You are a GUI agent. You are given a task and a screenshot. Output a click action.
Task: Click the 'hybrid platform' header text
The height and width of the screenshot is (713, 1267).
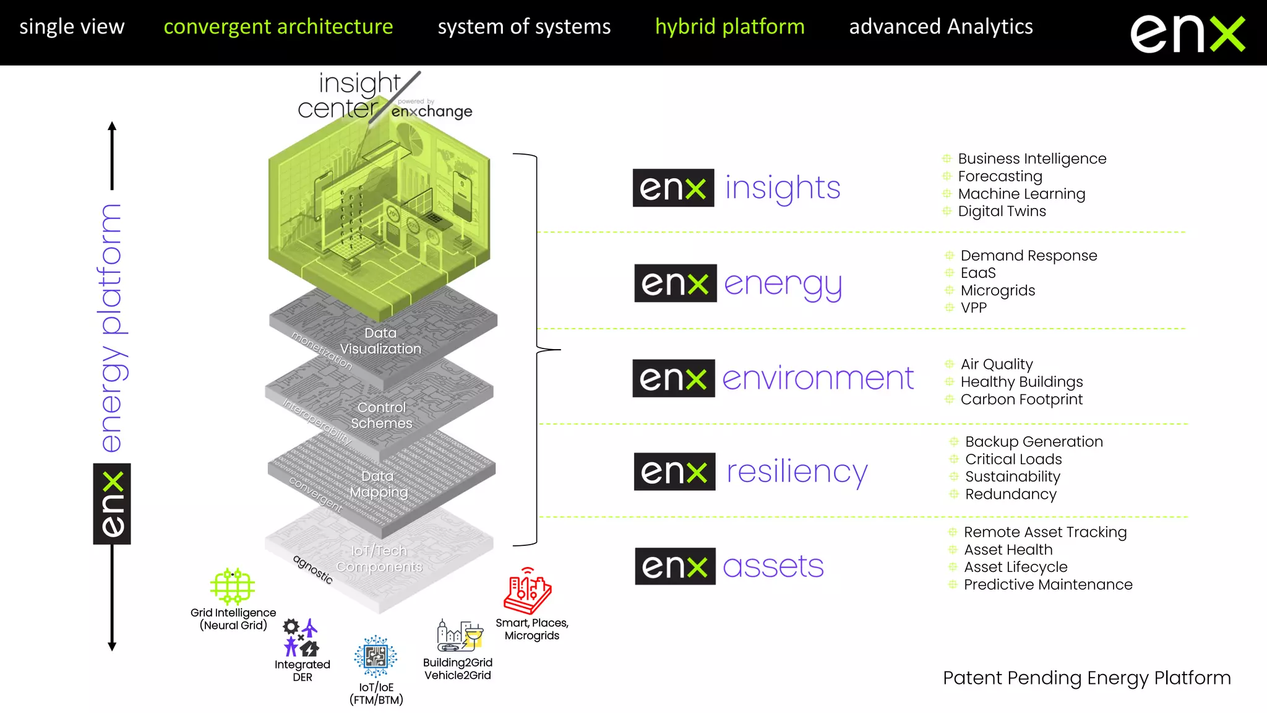tap(729, 27)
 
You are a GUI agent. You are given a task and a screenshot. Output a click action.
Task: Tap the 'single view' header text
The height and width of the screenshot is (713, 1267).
tap(72, 27)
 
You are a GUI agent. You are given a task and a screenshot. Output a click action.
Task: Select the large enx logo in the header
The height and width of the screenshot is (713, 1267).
tap(1187, 34)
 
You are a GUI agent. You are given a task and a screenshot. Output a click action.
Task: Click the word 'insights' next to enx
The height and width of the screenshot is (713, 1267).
tap(783, 188)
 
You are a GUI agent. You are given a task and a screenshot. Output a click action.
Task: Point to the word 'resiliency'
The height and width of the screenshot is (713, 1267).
tap(797, 472)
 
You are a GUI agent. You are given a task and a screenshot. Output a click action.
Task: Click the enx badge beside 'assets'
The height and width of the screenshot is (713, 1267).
tap(675, 566)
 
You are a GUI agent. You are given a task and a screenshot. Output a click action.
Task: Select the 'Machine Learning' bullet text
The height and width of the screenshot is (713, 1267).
tap(1021, 194)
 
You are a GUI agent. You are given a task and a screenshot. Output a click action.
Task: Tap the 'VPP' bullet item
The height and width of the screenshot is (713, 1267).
tap(973, 308)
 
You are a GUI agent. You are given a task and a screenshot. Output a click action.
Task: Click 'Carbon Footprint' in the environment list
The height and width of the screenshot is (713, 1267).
tap(1021, 399)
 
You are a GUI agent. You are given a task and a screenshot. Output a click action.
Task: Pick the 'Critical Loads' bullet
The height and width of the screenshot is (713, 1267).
tap(1013, 459)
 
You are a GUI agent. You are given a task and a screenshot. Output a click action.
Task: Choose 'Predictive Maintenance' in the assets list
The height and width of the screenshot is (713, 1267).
tap(1048, 584)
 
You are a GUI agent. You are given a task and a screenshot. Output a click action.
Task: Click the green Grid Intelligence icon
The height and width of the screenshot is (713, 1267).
tap(232, 586)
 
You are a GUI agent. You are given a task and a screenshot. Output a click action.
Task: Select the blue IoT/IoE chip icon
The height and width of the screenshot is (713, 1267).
tap(376, 656)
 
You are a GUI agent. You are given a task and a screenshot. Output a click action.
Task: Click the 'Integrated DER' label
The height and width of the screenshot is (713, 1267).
tap(303, 670)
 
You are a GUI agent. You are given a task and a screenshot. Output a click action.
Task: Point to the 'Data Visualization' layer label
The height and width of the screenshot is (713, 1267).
tap(380, 341)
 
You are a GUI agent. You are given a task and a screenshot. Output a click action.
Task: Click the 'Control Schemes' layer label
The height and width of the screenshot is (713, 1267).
tap(382, 415)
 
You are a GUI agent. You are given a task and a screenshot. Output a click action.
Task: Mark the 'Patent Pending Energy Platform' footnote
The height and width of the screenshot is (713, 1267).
tap(1086, 678)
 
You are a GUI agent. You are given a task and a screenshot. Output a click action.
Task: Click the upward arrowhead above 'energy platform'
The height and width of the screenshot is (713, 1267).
tap(112, 126)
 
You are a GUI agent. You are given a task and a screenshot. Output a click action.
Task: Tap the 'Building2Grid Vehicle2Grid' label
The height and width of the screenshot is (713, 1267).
tap(458, 668)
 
